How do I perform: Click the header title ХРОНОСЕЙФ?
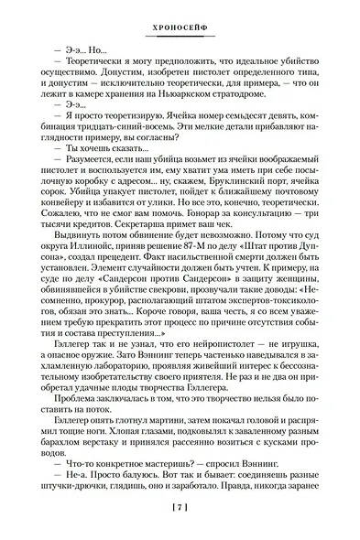point(180,14)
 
